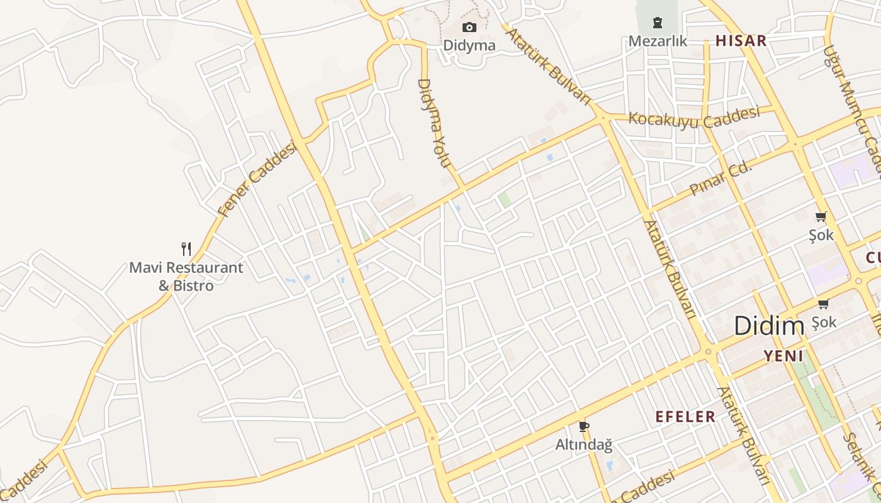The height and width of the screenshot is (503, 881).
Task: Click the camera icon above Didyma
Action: (469, 27)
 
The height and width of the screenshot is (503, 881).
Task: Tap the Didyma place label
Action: (469, 45)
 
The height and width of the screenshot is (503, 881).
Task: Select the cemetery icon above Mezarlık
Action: (658, 23)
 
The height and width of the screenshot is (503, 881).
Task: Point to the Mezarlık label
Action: (658, 41)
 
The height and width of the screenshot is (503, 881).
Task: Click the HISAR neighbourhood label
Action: (741, 41)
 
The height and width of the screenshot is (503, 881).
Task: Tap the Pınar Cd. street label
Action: (721, 178)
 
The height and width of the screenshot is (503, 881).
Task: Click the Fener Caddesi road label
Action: (256, 179)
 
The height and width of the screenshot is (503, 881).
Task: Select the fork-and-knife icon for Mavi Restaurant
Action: (186, 249)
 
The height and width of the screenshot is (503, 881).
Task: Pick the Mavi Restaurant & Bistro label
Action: (186, 276)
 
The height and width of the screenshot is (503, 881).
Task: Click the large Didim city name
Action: (769, 326)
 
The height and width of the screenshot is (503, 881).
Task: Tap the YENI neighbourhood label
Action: (783, 356)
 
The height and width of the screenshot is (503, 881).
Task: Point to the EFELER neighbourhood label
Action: (685, 416)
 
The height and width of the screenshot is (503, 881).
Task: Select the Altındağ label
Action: (583, 445)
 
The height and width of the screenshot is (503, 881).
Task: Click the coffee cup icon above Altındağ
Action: (583, 427)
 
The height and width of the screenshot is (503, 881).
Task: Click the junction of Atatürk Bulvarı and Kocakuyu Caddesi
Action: (603, 118)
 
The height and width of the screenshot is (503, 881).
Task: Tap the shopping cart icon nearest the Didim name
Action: (823, 304)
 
